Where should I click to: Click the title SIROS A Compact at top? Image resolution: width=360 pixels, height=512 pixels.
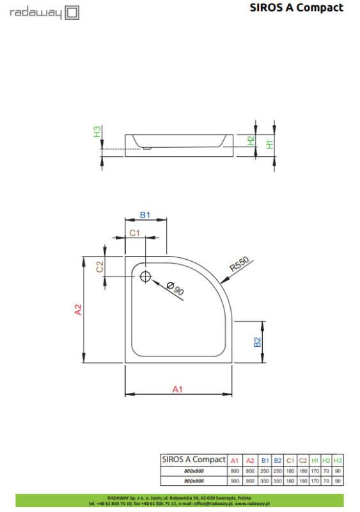[296, 8]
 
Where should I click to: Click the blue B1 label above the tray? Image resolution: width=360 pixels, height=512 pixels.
[145, 216]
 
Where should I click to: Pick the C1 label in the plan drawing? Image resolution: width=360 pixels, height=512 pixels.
[134, 234]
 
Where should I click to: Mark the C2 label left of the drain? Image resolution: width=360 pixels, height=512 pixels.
[100, 267]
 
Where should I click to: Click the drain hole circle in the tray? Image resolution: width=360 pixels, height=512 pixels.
[145, 276]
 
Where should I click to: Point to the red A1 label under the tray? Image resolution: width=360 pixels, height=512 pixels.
[178, 388]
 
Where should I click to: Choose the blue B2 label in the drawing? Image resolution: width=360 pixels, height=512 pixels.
[257, 342]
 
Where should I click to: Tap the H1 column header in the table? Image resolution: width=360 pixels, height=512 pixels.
[315, 460]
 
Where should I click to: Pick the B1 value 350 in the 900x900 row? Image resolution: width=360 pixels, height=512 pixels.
[265, 480]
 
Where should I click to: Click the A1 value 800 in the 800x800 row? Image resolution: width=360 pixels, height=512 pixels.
[235, 470]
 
